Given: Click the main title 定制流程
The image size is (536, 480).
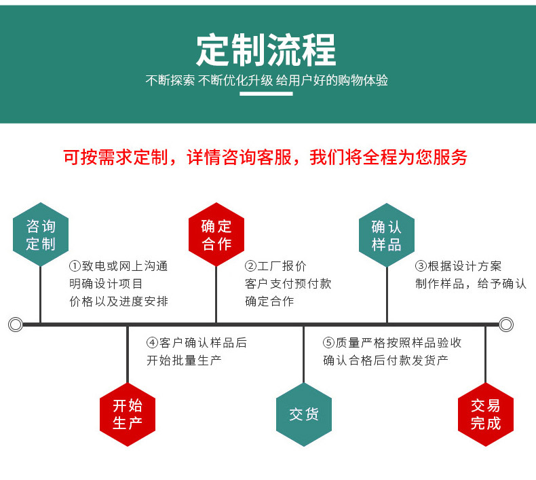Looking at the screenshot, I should pyautogui.click(x=266, y=49).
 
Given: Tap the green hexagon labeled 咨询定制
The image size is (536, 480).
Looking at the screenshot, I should pyautogui.click(x=41, y=234).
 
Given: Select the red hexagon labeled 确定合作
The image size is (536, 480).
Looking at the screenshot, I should pyautogui.click(x=216, y=234).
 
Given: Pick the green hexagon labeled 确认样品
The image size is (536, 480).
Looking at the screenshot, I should pyautogui.click(x=387, y=234).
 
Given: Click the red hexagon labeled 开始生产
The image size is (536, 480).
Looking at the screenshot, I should pyautogui.click(x=128, y=415).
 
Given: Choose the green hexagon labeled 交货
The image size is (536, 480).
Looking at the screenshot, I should pyautogui.click(x=303, y=415).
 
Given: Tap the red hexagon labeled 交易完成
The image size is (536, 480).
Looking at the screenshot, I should pyautogui.click(x=485, y=415).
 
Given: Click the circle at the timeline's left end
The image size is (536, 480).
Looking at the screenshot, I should pyautogui.click(x=16, y=325).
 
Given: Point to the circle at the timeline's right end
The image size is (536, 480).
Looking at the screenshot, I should pyautogui.click(x=506, y=325).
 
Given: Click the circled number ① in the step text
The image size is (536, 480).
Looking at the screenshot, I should pyautogui.click(x=75, y=266).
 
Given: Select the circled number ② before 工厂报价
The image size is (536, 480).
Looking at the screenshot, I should pyautogui.click(x=250, y=266).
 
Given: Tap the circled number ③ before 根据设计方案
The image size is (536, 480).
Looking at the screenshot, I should pyautogui.click(x=421, y=266).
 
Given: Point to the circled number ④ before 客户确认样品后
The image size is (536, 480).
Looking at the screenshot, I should pyautogui.click(x=152, y=343).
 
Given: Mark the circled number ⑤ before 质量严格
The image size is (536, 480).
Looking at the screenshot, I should pyautogui.click(x=328, y=343).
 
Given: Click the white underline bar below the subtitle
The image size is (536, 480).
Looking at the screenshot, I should pyautogui.click(x=267, y=94).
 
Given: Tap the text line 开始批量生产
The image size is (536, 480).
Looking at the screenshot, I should pyautogui.click(x=184, y=361).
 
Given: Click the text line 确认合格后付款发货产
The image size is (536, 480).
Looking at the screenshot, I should pyautogui.click(x=385, y=361).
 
